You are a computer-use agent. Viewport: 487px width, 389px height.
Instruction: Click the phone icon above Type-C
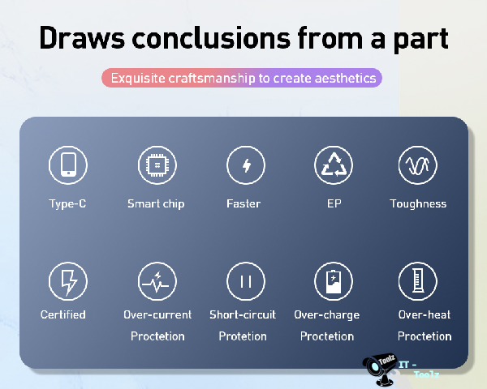[x=68, y=165]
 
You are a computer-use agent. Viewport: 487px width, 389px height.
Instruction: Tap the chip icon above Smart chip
[x=157, y=165]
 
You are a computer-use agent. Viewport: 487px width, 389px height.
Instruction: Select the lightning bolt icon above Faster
[x=246, y=165]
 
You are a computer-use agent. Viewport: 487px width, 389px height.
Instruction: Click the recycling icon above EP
[x=334, y=165]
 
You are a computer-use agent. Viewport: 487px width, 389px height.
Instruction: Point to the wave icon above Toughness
[x=418, y=165]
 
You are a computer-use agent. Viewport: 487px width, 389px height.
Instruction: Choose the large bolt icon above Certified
[x=68, y=281]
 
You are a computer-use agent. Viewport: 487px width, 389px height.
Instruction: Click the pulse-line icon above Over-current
[x=157, y=281]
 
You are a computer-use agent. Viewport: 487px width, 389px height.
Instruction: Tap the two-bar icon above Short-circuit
[x=246, y=281]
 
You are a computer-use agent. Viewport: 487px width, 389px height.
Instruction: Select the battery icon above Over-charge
[x=334, y=281]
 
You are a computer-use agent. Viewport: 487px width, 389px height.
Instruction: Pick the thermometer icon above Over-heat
[x=418, y=281]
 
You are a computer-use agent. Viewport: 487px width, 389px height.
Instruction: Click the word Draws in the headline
[x=82, y=38]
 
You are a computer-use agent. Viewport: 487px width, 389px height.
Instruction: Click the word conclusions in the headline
[x=211, y=38]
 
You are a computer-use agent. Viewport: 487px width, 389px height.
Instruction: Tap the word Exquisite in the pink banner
[x=138, y=78]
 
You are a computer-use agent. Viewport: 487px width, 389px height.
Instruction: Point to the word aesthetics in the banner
[x=346, y=78]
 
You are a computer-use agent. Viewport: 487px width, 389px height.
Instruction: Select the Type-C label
[x=67, y=203]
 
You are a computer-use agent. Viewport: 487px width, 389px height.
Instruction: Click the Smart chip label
[x=156, y=203]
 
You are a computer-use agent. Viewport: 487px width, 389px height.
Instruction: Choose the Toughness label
[x=418, y=203]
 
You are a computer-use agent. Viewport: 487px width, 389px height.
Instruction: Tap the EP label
[x=334, y=203]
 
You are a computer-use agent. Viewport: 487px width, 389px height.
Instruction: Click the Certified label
[x=63, y=314]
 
